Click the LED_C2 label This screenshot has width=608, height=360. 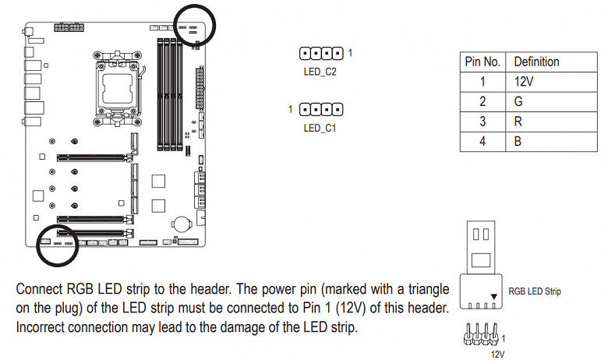click(320, 72)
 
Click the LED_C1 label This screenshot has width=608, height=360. click(320, 127)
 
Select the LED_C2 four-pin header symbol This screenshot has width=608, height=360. click(321, 54)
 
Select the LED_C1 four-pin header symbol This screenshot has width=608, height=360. click(321, 109)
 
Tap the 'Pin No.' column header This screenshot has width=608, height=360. click(483, 62)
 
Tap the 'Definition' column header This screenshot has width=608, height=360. click(536, 62)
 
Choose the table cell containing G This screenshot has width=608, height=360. click(518, 102)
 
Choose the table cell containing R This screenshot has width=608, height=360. click(518, 122)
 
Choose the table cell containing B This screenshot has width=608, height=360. click(518, 143)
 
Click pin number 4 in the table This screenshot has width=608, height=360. click(483, 143)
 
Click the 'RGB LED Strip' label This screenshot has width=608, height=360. click(534, 291)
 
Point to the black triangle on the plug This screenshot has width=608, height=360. click(494, 298)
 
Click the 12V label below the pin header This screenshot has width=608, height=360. click(497, 353)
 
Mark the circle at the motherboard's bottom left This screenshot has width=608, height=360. click(59, 242)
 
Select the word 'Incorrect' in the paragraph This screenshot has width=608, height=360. click(44, 328)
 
